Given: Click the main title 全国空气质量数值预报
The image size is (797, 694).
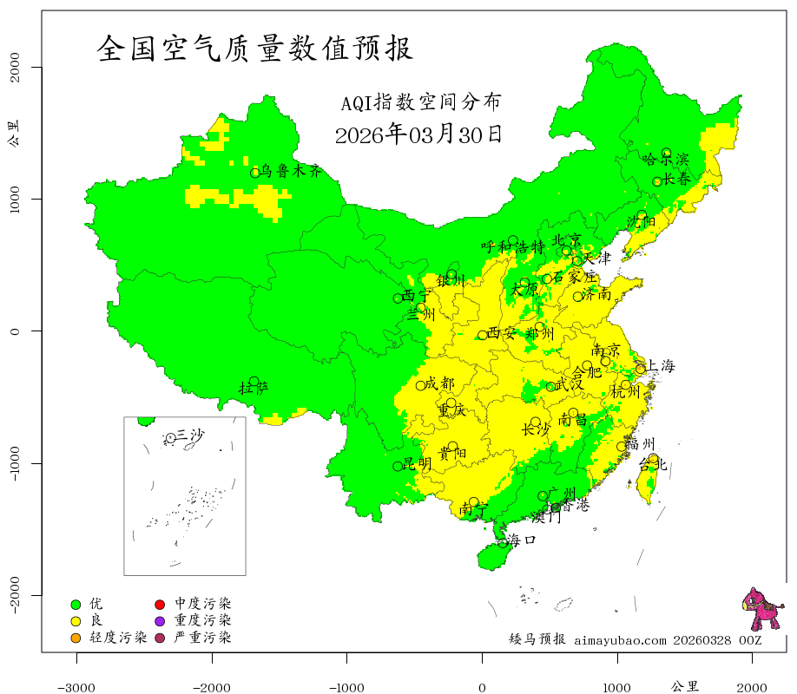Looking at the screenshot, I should click(x=255, y=49).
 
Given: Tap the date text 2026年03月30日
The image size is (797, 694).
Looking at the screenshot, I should click(x=418, y=134).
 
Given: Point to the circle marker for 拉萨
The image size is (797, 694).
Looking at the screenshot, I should click(x=254, y=381).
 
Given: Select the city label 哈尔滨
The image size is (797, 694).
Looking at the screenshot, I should click(x=665, y=160).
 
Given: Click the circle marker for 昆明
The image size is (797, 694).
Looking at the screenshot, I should click(x=398, y=466).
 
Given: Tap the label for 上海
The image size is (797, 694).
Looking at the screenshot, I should click(x=661, y=366).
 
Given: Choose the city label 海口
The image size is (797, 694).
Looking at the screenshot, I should click(x=522, y=540).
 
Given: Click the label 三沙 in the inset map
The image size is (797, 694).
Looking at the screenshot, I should click(x=190, y=435).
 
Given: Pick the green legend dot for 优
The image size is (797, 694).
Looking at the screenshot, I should click(x=76, y=604).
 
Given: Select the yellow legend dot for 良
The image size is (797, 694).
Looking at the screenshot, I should click(x=76, y=621).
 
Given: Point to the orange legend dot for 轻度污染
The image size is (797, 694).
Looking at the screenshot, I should click(x=76, y=638).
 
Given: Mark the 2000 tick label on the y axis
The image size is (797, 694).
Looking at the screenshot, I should click(x=15, y=67).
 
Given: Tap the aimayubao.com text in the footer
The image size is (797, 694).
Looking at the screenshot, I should click(x=620, y=640).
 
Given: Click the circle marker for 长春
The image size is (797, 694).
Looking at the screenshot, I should click(x=657, y=181).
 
